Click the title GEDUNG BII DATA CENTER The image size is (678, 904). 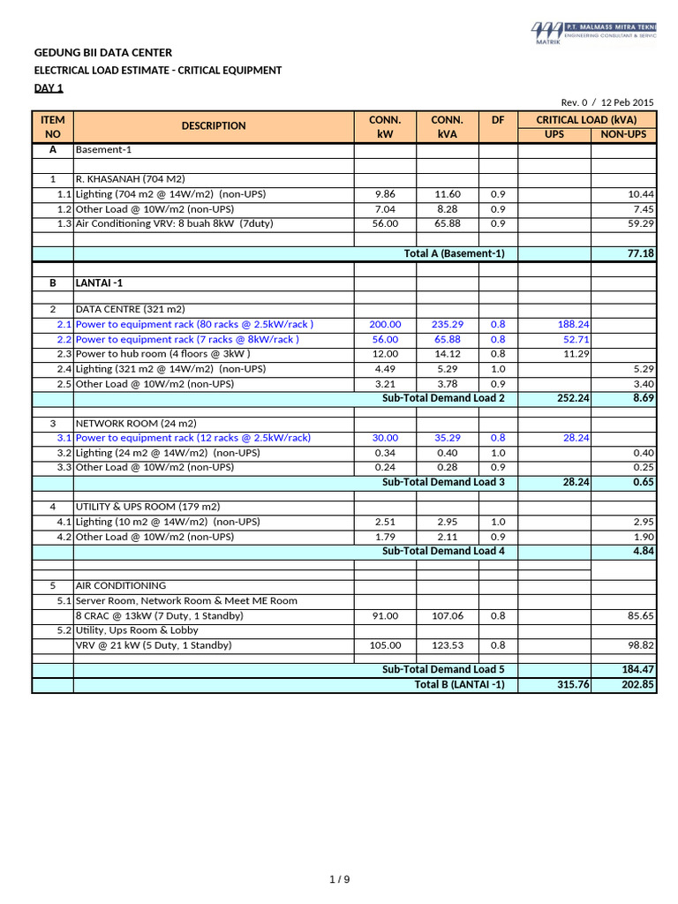coord(103,54)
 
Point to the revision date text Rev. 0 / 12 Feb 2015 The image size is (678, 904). coord(608,102)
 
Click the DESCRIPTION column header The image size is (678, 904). coord(214,126)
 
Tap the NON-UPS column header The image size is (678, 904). coord(623,134)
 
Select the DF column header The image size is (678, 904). coord(498,119)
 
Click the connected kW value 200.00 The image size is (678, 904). coord(385,325)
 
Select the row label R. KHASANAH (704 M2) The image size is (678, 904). coord(131,179)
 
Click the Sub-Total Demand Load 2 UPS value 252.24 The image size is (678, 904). coord(572,399)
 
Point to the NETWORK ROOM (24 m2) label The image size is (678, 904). coord(130,423)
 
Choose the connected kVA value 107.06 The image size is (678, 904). coord(447,616)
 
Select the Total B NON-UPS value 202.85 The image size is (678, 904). coord(637,685)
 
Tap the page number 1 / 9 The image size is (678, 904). coord(339,878)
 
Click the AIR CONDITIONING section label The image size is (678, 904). coord(120,585)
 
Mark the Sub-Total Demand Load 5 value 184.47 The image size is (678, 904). coord(637,669)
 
